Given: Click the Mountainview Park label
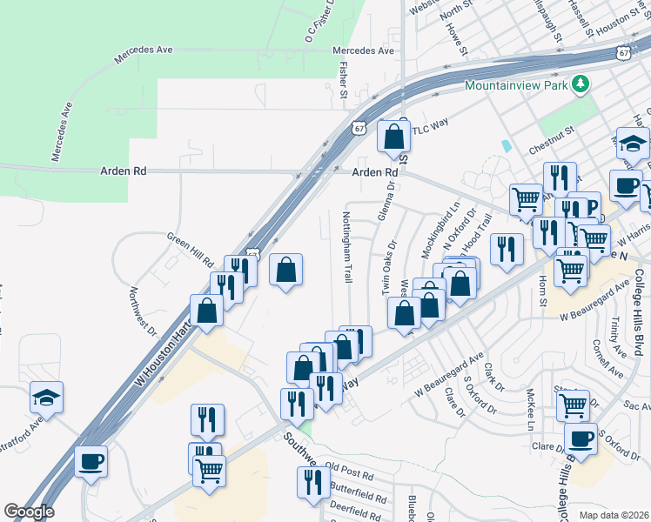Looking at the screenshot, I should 517,85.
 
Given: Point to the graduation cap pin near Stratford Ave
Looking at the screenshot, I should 47,398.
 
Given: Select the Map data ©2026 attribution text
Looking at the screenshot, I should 614,515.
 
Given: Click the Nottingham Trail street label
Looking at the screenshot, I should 346,247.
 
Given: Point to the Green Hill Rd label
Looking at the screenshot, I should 191,250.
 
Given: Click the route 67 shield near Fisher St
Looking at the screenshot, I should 359,128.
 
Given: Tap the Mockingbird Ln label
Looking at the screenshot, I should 440,231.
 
